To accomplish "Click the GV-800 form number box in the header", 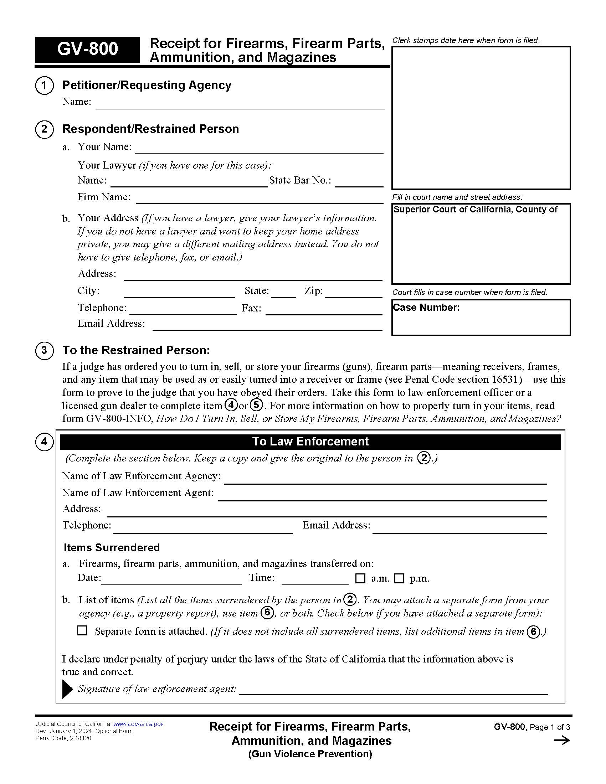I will tap(87, 50).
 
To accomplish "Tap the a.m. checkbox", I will tap(360, 578).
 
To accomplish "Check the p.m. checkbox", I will tap(399, 578).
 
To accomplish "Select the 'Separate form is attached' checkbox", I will tap(82, 630).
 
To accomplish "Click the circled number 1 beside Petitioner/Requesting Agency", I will tap(44, 86).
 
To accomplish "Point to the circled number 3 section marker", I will tap(44, 350).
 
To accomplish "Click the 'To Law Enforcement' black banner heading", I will tap(310, 442).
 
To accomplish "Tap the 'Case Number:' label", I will tap(426, 308).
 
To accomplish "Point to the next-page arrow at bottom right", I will tap(562, 740).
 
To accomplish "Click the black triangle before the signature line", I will tap(67, 689).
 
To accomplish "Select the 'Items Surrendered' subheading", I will tap(112, 547).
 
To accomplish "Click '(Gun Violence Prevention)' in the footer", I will tap(310, 754).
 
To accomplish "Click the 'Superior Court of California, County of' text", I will tap(475, 210).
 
